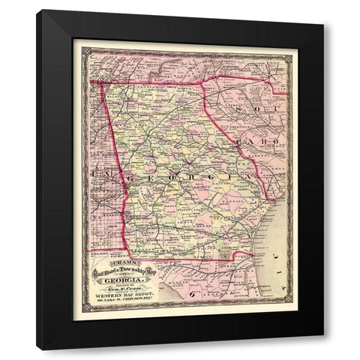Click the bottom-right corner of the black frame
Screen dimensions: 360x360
[x=323, y=349]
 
